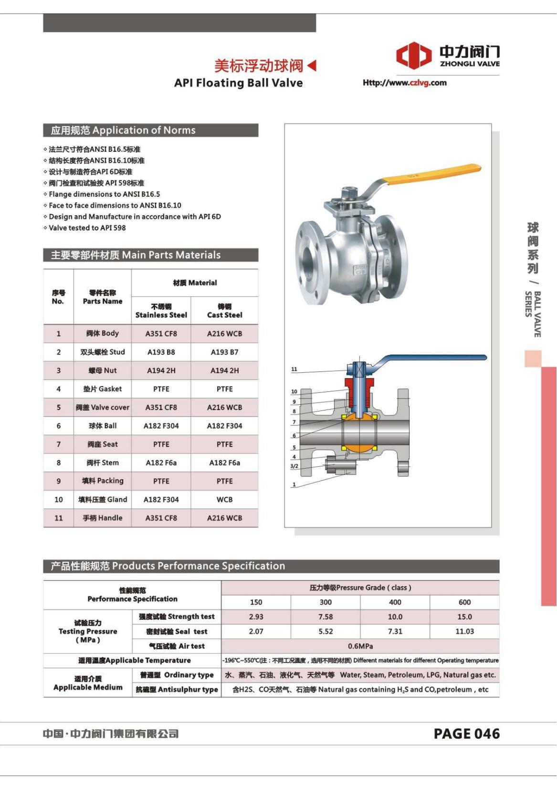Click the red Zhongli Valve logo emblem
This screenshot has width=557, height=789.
click(x=414, y=55)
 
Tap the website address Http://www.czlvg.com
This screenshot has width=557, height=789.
click(x=404, y=83)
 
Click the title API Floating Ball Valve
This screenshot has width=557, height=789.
click(x=238, y=83)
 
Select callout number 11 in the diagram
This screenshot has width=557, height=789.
click(x=294, y=369)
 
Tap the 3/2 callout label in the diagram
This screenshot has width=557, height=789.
click(x=294, y=466)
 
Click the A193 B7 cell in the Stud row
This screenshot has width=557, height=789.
click(x=224, y=352)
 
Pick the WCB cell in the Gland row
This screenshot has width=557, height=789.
click(x=224, y=499)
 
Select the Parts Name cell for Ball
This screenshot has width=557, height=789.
click(x=102, y=426)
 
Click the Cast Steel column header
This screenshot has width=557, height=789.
click(x=224, y=311)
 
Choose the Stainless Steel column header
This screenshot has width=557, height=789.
click(x=161, y=311)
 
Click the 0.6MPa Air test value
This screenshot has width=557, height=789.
click(x=360, y=646)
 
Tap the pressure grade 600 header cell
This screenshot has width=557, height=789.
click(x=464, y=602)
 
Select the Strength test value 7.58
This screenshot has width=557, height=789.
click(x=326, y=617)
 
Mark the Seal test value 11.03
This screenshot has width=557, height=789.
click(x=464, y=631)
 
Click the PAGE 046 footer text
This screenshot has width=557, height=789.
click(x=466, y=734)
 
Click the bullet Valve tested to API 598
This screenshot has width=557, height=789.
click(x=87, y=228)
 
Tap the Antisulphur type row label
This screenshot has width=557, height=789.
click(x=177, y=689)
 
